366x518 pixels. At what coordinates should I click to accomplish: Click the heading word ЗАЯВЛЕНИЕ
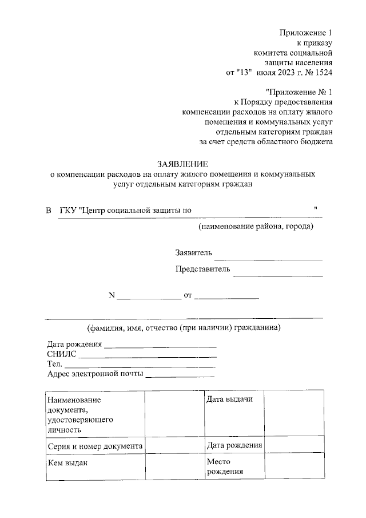tap(181, 163)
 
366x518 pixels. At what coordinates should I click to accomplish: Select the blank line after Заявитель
tap(268, 257)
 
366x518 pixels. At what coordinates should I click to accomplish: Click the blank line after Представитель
tap(278, 274)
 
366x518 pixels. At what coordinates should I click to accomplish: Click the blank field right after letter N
tap(149, 296)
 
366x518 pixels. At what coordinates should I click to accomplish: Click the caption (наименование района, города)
tap(256, 227)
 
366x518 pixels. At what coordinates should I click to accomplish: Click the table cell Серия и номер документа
tap(95, 445)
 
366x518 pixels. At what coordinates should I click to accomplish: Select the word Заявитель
tap(194, 252)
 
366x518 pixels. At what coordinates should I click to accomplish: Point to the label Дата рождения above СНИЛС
tap(74, 345)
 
